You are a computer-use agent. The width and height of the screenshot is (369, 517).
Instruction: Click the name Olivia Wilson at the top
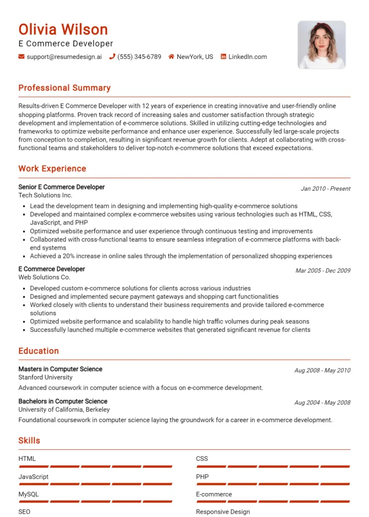pyautogui.click(x=63, y=29)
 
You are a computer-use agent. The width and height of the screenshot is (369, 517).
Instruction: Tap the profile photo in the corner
pyautogui.click(x=321, y=45)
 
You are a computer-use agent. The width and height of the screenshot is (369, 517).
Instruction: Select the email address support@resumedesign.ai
pyautogui.click(x=64, y=57)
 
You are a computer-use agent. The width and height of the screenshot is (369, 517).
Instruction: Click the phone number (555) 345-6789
pyautogui.click(x=139, y=57)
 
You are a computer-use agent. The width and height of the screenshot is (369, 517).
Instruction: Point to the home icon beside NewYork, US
pyautogui.click(x=171, y=57)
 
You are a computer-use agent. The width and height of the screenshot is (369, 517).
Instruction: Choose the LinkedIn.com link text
pyautogui.click(x=247, y=57)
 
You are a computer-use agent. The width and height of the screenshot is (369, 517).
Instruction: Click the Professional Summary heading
pyautogui.click(x=64, y=88)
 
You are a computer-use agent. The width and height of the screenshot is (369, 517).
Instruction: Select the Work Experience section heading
pyautogui.click(x=52, y=169)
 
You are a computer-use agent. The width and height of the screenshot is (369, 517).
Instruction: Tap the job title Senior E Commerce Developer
pyautogui.click(x=61, y=187)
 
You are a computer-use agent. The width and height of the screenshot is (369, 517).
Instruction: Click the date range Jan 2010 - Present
pyautogui.click(x=326, y=189)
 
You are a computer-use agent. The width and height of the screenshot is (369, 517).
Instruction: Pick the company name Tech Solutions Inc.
pyautogui.click(x=45, y=195)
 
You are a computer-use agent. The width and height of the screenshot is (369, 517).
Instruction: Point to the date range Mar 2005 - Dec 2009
pyautogui.click(x=322, y=271)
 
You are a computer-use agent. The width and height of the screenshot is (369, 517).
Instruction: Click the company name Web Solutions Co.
pyautogui.click(x=44, y=277)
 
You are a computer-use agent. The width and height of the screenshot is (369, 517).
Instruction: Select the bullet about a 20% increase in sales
pyautogui.click(x=180, y=256)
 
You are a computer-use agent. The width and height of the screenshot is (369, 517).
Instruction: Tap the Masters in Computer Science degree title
pyautogui.click(x=60, y=369)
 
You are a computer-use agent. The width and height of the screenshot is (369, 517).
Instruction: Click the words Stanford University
pyautogui.click(x=45, y=377)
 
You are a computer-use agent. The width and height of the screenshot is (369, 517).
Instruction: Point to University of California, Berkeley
pyautogui.click(x=64, y=409)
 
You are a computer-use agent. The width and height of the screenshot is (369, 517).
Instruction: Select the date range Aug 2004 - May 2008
pyautogui.click(x=322, y=403)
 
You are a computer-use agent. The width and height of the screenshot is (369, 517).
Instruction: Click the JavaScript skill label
pyautogui.click(x=33, y=477)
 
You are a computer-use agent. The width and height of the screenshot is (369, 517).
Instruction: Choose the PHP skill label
pyautogui.click(x=202, y=477)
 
